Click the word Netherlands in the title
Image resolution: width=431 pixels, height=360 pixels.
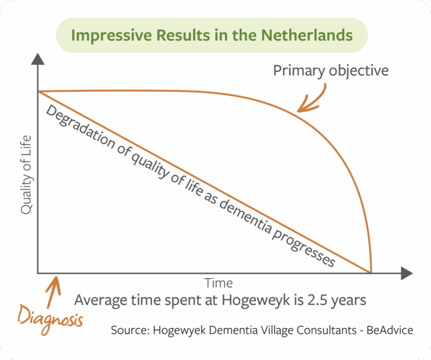tap(307, 35)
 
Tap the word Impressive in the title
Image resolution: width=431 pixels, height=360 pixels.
tap(111, 36)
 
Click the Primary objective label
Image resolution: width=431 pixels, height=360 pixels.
tap(331, 71)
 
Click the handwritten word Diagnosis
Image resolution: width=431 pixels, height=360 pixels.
tap(51, 320)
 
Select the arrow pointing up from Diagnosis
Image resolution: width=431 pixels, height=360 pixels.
tap(54, 292)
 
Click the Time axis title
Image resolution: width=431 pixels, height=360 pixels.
tap(218, 283)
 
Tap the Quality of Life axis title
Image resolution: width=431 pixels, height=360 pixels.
tap(26, 175)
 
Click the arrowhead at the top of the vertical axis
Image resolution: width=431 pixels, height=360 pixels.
tap(38, 59)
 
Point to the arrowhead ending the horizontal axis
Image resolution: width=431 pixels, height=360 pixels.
tap(407, 273)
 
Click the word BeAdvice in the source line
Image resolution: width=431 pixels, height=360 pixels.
tap(390, 330)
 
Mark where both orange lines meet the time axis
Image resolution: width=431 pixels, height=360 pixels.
tap(371, 273)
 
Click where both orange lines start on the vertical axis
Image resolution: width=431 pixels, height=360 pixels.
tap(38, 91)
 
